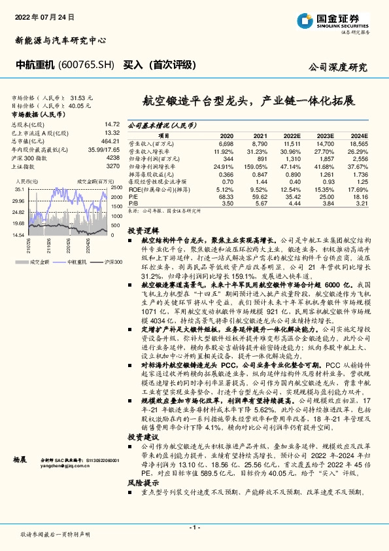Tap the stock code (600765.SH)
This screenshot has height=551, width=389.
click(86, 65)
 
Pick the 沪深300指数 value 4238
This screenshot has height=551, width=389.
click(112, 158)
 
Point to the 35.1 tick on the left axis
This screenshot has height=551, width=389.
click(18, 188)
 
